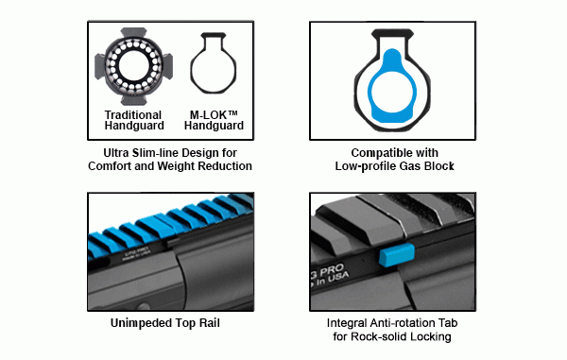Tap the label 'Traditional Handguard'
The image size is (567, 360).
coord(134,120)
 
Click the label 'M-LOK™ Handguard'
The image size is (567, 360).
coord(213,120)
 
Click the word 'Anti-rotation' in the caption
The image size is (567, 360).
coord(409,321)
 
